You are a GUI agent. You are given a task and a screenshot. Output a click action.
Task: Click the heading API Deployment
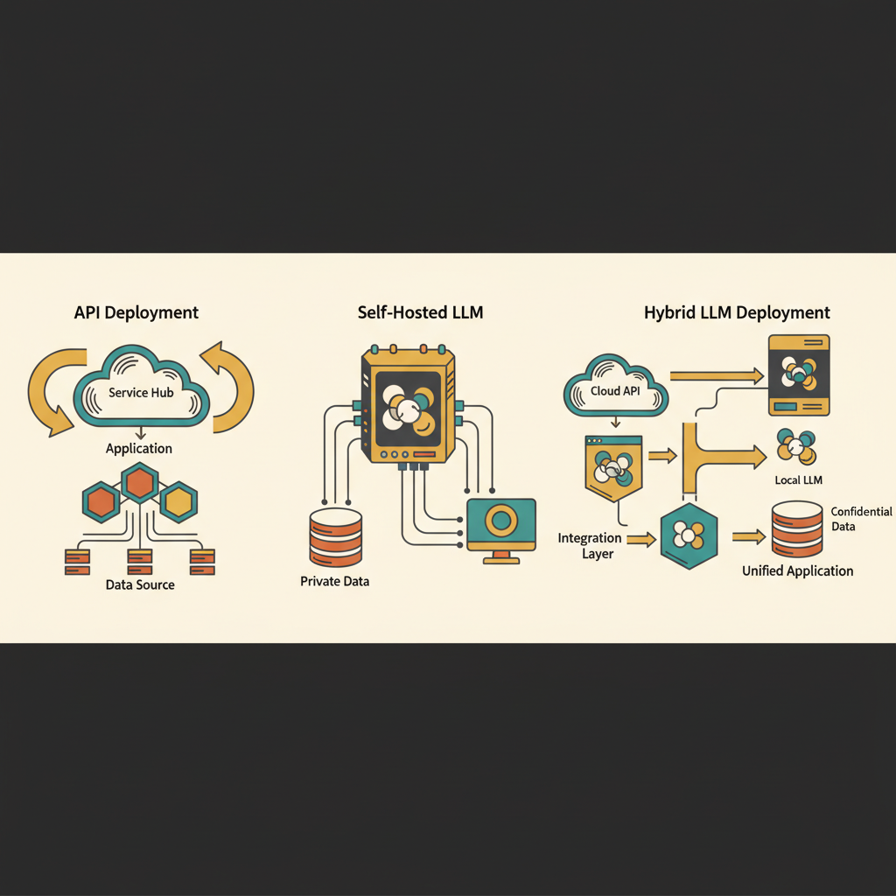tap(136, 312)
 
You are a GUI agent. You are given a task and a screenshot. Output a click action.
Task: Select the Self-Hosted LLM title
tap(420, 312)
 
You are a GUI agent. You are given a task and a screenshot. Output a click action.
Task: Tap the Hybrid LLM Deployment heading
tap(737, 312)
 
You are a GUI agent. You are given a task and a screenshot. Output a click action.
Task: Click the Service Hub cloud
tap(141, 392)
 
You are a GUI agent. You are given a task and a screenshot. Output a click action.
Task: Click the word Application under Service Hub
tap(139, 448)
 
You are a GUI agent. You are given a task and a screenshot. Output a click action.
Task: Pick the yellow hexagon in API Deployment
tap(178, 501)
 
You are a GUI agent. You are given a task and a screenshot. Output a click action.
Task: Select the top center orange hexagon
tap(140, 482)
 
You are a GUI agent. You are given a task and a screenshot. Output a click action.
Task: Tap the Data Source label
tap(140, 584)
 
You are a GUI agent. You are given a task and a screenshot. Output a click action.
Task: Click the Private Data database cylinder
tap(335, 538)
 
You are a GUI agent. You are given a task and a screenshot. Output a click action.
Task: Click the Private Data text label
tap(334, 581)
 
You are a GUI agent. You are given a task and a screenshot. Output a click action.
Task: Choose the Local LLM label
tap(798, 480)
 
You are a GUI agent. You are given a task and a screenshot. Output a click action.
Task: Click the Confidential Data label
tap(861, 519)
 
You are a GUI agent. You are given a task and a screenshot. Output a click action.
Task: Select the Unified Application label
tap(797, 570)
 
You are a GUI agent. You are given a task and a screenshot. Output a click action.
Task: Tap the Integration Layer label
tap(590, 546)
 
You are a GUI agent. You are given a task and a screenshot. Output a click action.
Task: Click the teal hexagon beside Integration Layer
tap(689, 535)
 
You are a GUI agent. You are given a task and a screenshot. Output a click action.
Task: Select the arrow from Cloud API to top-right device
tap(716, 375)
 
